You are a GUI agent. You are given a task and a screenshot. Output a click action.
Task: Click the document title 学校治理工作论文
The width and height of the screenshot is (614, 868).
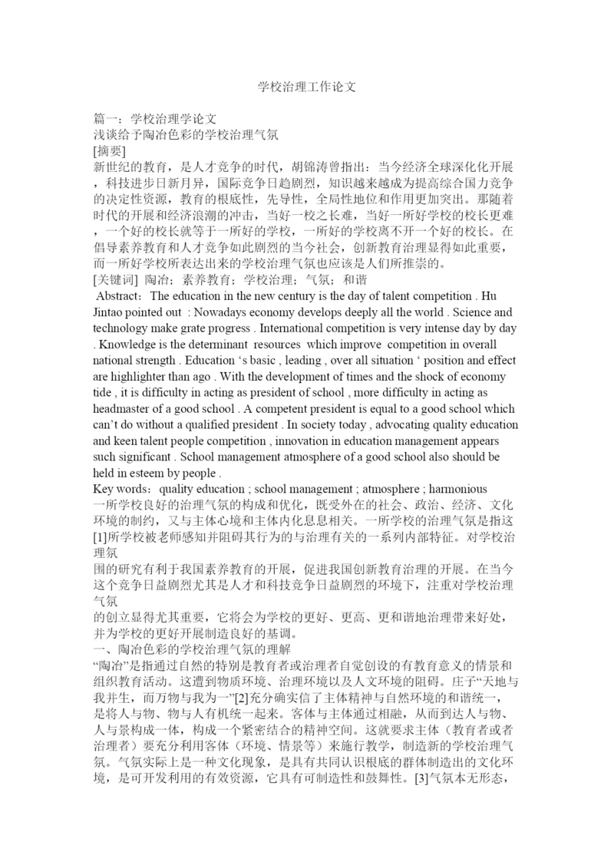pyautogui.click(x=307, y=87)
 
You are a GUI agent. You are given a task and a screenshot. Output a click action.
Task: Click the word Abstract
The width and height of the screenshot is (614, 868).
pyautogui.click(x=120, y=296)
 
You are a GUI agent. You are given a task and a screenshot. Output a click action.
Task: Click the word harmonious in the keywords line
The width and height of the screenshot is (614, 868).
pyautogui.click(x=457, y=490)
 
